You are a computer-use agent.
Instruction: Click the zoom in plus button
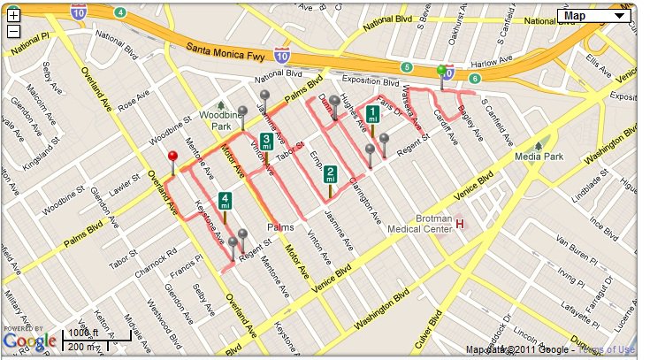13,15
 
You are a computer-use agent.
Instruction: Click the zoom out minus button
13,31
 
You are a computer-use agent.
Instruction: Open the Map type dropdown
595,15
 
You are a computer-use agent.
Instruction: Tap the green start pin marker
441,71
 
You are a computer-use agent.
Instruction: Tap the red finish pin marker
172,157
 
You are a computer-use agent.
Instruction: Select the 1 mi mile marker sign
373,114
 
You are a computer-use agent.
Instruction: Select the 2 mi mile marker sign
330,173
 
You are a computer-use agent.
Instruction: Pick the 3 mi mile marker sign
266,142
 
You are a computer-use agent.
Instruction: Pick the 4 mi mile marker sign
226,201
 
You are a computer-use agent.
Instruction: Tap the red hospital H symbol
460,224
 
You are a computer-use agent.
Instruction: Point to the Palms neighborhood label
280,227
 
